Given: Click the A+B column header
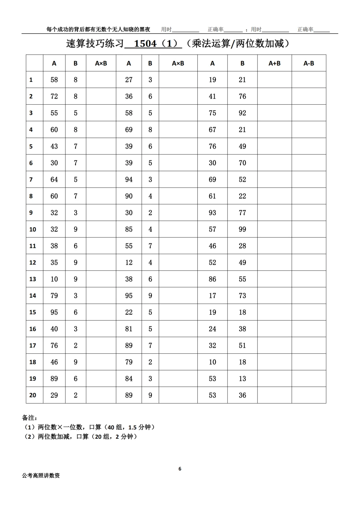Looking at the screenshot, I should tap(274, 63).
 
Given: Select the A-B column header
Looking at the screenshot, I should tap(309, 63).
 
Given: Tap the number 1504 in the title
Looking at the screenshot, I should tap(145, 44).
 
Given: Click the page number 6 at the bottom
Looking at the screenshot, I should tap(180, 469).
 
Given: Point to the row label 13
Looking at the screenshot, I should tap(33, 279).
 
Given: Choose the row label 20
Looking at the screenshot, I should tap(33, 395).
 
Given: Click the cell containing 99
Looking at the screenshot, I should tap(242, 229).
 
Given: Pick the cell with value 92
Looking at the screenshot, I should tap(242, 113).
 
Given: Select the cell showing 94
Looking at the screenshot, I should tap(129, 180).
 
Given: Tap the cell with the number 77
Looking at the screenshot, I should tap(242, 213).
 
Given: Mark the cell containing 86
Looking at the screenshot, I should tap(212, 279).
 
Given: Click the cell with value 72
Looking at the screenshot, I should tap(54, 96).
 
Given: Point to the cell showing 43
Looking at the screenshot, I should tap(54, 146).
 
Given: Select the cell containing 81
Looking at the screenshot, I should tap(129, 329).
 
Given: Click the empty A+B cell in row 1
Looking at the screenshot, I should tap(274, 80).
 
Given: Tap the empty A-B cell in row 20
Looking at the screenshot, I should tap(309, 395).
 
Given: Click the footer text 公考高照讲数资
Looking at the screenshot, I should tap(41, 476).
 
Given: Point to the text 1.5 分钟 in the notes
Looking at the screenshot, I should tap(139, 427).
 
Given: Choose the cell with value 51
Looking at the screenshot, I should tap(242, 345).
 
